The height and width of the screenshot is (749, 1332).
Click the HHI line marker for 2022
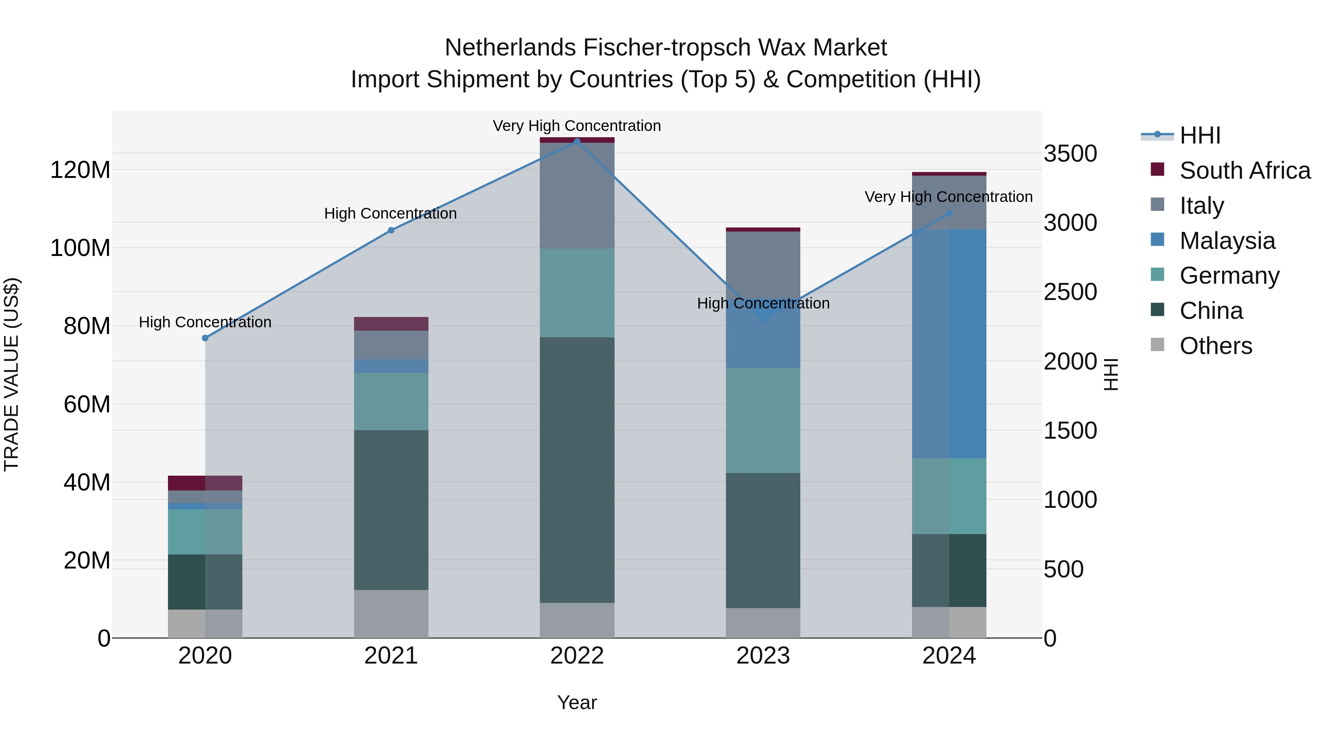pos(577,141)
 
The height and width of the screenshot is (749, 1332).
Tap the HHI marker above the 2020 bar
pos(205,338)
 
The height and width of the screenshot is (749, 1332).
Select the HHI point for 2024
pos(949,213)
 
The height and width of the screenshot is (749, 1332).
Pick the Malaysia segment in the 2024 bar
pos(949,344)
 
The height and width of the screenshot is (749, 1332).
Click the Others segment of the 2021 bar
pos(391,614)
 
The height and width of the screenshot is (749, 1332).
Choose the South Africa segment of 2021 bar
pos(391,324)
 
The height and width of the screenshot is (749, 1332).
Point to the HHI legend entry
pos(1200,135)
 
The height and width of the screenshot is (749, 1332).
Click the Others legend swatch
pos(1158,345)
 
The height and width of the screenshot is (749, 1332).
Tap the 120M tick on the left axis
pos(80,169)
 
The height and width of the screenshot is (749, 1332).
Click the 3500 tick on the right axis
pos(1070,153)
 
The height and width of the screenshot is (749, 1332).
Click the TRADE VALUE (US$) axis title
pos(11,374)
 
